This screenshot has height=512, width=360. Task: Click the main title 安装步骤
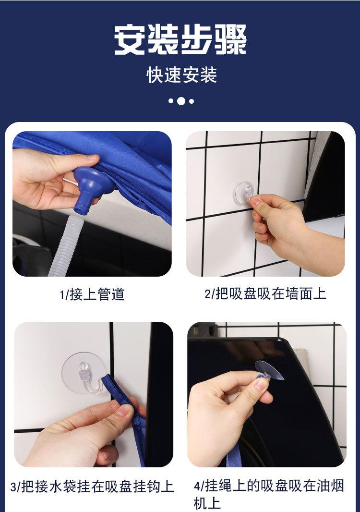pyautogui.click(x=180, y=40)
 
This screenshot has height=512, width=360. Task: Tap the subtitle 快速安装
pyautogui.click(x=181, y=75)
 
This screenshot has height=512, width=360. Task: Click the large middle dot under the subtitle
pyautogui.click(x=181, y=101)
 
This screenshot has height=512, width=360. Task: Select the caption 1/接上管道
pyautogui.click(x=92, y=294)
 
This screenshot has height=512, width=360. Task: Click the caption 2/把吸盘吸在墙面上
pyautogui.click(x=265, y=293)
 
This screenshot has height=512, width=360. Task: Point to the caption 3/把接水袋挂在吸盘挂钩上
pyautogui.click(x=92, y=486)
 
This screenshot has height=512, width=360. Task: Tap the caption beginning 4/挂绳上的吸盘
pyautogui.click(x=269, y=494)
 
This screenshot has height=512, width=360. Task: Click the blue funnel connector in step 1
pyautogui.click(x=92, y=189)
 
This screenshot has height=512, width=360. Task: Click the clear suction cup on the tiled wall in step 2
pyautogui.click(x=243, y=193)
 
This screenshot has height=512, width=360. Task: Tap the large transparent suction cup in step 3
pyautogui.click(x=83, y=372)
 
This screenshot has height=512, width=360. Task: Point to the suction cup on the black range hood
pyautogui.click(x=269, y=371)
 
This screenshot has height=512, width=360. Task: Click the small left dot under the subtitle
pyautogui.click(x=171, y=101)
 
